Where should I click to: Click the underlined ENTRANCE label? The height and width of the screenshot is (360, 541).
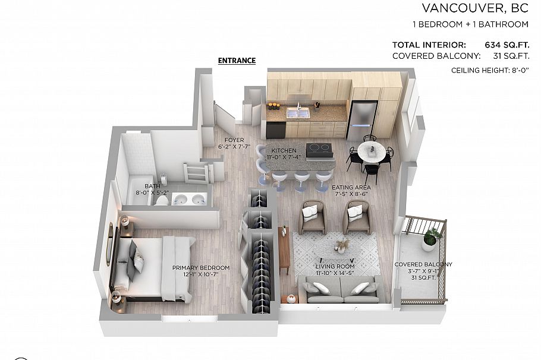[237, 61]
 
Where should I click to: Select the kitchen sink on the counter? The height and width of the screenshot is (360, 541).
[298, 113]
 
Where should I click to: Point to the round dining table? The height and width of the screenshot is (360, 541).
[372, 150]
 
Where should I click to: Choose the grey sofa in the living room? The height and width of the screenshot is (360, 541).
[341, 289]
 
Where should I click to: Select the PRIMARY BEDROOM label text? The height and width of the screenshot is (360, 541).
[201, 267]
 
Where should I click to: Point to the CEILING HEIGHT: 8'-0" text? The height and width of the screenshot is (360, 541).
[490, 71]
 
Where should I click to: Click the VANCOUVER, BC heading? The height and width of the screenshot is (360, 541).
[475, 8]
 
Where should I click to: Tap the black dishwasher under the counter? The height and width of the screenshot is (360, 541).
[276, 130]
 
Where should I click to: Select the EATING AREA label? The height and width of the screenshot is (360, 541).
[351, 187]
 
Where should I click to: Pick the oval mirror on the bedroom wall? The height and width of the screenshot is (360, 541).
[110, 244]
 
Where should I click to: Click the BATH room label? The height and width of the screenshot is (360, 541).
[152, 186]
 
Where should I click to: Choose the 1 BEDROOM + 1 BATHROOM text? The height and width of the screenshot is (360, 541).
[471, 24]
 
